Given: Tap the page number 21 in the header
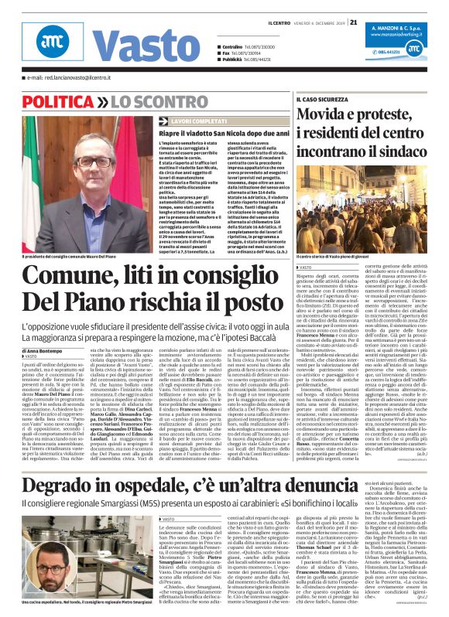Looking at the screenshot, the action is pos(354,22).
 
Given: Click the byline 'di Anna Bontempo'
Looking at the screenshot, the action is pos(26,350).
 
